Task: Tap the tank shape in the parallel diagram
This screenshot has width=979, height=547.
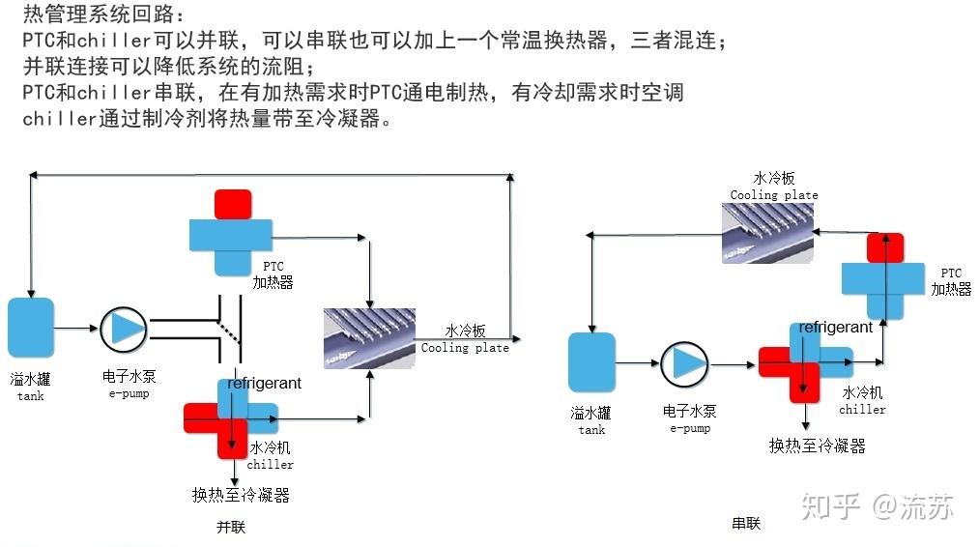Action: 31,328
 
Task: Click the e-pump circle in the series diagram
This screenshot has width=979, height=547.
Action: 684,363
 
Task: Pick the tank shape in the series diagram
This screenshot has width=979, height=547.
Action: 591,362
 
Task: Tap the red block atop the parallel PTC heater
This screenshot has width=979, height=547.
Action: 232,204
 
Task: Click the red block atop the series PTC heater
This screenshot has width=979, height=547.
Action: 884,247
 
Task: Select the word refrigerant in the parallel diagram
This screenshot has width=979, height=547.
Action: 264,384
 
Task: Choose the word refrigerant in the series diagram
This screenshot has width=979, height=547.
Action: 836,328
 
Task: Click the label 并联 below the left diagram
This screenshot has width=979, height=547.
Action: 231,528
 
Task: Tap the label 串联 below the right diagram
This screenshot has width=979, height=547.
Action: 746,524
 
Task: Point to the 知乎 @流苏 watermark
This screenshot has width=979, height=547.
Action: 878,506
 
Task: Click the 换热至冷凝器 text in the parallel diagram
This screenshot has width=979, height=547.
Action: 241,495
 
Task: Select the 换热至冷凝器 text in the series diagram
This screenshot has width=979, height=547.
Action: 817,446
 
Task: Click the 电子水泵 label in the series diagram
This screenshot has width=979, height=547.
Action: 689,412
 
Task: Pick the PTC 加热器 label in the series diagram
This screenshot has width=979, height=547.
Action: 951,281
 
